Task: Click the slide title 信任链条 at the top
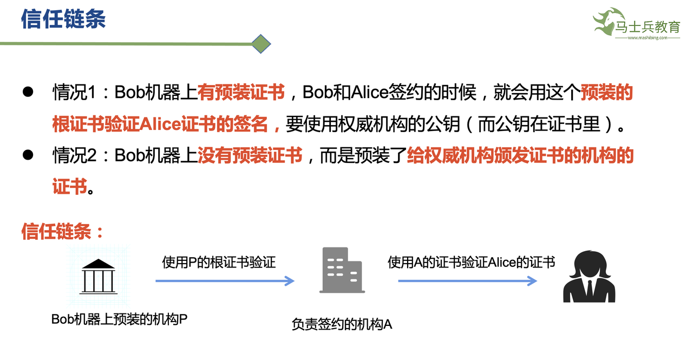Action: pos(63,19)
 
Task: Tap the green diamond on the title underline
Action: pos(261,43)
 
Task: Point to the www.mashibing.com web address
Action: pos(648,38)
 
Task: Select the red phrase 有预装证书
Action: pos(241,93)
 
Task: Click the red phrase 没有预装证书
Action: pos(250,156)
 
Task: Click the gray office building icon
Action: pos(341,270)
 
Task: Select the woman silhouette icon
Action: pos(590,277)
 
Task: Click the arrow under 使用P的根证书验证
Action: pos(225,281)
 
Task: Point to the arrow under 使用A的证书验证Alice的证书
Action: pos(467,281)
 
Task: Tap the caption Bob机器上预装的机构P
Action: pos(119,319)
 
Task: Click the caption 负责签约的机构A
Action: pos(342,324)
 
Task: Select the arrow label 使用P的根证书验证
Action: pos(219,263)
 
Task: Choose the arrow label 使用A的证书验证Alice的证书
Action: pos(471,263)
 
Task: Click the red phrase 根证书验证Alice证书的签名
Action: pos(160,124)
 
